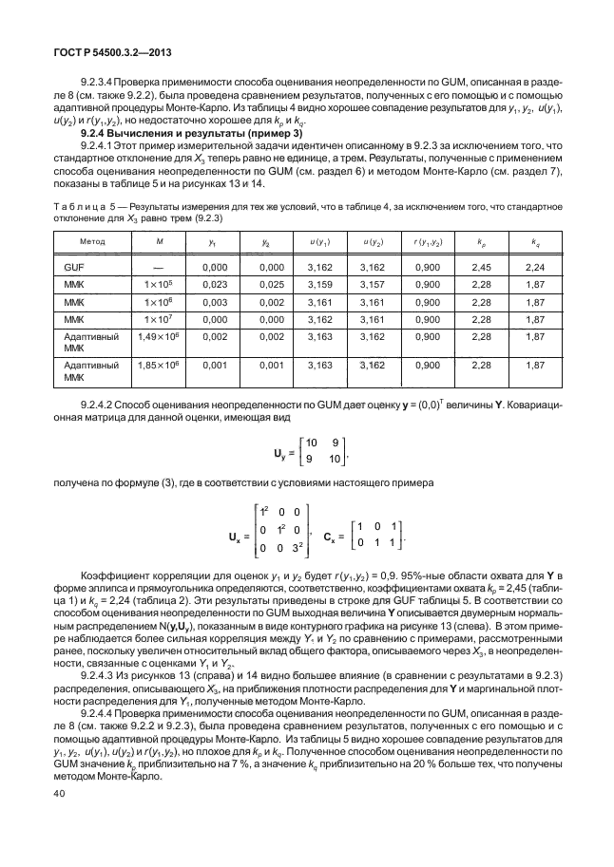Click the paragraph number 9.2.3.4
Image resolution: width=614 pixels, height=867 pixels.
(x=102, y=83)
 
